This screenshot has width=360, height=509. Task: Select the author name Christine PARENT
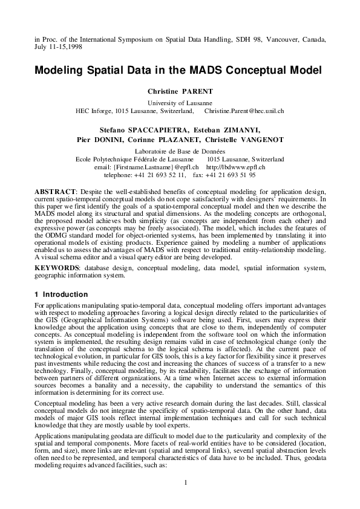[x=180, y=91]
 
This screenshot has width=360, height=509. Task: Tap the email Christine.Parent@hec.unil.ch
[x=244, y=111]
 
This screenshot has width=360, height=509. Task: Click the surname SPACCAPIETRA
[x=157, y=129]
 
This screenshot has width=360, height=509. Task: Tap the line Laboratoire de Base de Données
[x=180, y=151]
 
